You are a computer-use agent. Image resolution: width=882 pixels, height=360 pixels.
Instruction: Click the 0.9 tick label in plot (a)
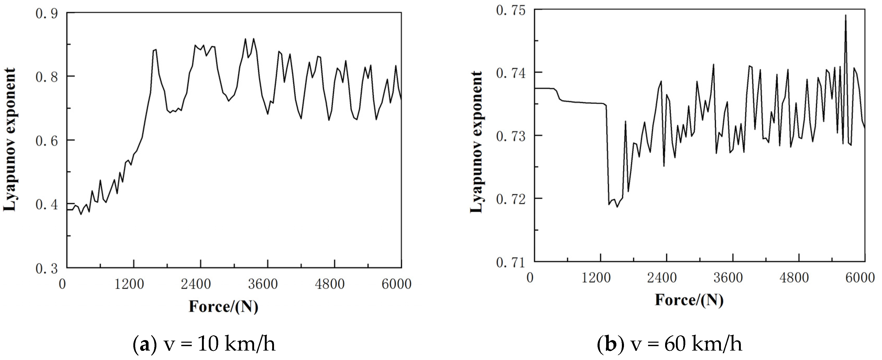pyautogui.click(x=47, y=13)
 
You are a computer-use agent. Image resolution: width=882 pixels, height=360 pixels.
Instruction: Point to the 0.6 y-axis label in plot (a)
pyautogui.click(x=47, y=140)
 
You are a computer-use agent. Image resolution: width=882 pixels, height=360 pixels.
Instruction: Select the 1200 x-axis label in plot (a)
pyautogui.click(x=129, y=284)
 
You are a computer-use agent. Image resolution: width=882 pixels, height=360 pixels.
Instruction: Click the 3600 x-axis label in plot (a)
pyautogui.click(x=263, y=284)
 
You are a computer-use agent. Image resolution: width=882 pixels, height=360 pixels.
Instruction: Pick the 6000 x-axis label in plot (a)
pyautogui.click(x=396, y=284)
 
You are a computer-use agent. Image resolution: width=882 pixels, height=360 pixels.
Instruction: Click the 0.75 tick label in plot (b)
pyautogui.click(x=511, y=10)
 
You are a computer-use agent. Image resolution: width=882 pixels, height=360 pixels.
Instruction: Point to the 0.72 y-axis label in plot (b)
pyautogui.click(x=511, y=199)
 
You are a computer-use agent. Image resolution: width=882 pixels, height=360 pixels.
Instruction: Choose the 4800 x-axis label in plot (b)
pyautogui.click(x=794, y=277)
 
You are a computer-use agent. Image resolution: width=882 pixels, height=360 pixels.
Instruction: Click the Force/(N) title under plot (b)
pyautogui.click(x=689, y=300)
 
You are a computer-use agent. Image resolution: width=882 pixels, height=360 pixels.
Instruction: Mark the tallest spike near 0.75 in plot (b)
pyautogui.click(x=846, y=16)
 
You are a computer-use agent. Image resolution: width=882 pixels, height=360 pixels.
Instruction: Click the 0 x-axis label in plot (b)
pyautogui.click(x=530, y=277)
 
